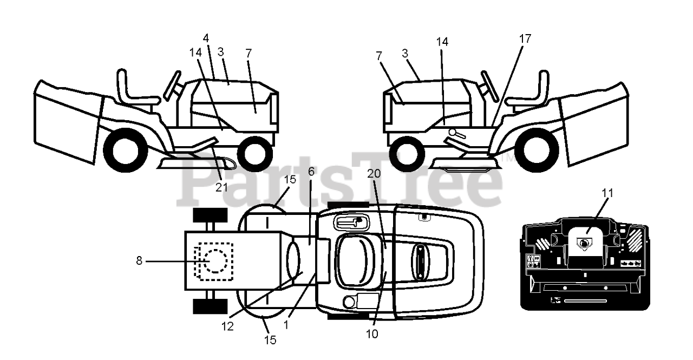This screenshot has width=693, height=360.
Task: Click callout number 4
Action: pyautogui.click(x=206, y=38)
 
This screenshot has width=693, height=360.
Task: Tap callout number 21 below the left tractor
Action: pyautogui.click(x=221, y=187)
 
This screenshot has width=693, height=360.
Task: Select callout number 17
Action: pyautogui.click(x=524, y=38)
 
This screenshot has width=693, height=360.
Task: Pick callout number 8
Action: pyautogui.click(x=139, y=261)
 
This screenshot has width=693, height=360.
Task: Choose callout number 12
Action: pyautogui.click(x=227, y=327)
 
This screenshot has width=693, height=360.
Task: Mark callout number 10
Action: pyautogui.click(x=371, y=334)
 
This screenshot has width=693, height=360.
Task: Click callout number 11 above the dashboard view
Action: pyautogui.click(x=608, y=192)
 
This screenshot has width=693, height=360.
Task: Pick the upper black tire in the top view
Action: pyautogui.click(x=210, y=215)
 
